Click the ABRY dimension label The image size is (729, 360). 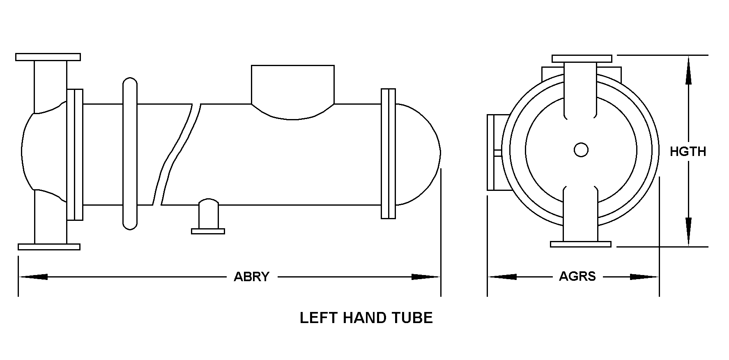coord(251,277)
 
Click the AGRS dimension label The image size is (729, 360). coord(577,276)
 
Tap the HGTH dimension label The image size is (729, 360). coord(688,151)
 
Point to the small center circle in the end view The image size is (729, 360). coord(581,150)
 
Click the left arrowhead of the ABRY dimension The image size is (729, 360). coord(33,277)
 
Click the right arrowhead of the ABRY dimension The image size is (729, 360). coord(425,277)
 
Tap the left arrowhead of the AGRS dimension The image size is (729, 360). coord(502,277)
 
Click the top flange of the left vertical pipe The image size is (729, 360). coord(48,57)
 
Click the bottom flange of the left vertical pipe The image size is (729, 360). coord(49,247)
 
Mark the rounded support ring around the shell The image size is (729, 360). coord(130,154)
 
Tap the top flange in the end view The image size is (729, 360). coord(582,59)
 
